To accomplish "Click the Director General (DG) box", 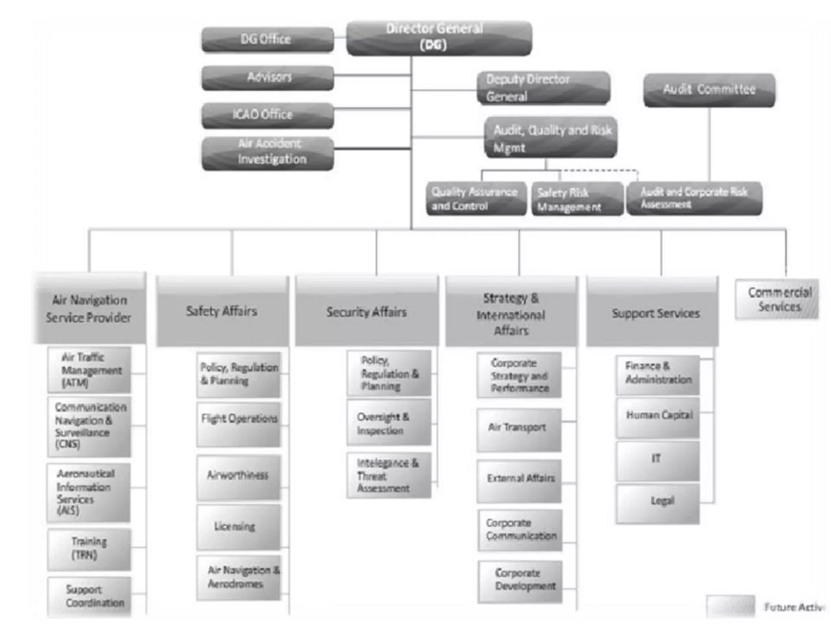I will [439, 38].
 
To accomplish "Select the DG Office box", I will [267, 39].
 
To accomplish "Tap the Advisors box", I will [267, 78].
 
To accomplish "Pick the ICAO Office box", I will [267, 115].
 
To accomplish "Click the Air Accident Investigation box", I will [267, 153].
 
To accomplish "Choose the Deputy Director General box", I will [543, 88].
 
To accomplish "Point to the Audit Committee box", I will [709, 90].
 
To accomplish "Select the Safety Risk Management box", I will [577, 199].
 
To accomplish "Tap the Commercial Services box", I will [777, 299].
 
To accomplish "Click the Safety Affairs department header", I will [222, 311].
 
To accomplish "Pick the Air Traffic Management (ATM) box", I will [89, 370].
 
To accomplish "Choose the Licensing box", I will [239, 527].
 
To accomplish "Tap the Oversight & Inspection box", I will [389, 422].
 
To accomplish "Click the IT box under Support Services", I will [657, 460].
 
